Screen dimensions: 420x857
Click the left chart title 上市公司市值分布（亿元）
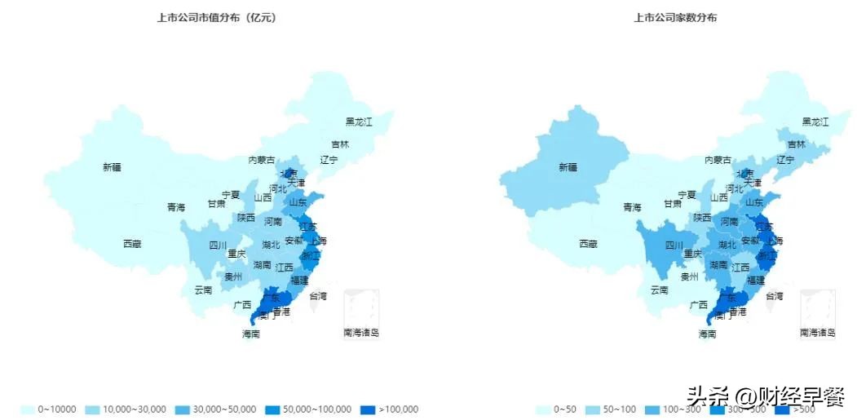coord(216,17)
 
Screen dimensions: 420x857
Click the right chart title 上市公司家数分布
coord(675,17)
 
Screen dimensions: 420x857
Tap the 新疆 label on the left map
coord(112,167)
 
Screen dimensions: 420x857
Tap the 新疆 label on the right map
coord(568,167)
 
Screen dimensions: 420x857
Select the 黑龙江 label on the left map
coord(359,122)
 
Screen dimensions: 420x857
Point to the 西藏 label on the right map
coord(588,243)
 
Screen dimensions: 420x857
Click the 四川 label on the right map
coord(674,245)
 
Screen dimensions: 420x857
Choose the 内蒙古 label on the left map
coord(262,160)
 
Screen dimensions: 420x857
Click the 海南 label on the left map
coord(250,334)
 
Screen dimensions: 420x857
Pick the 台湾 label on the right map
coord(773,295)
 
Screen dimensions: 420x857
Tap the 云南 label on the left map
coord(203,290)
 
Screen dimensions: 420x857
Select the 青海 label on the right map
coord(632,207)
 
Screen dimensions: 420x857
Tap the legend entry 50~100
coord(616,409)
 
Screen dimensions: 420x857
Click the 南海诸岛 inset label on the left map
coord(361,332)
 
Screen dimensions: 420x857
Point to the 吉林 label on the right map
coord(796,144)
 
